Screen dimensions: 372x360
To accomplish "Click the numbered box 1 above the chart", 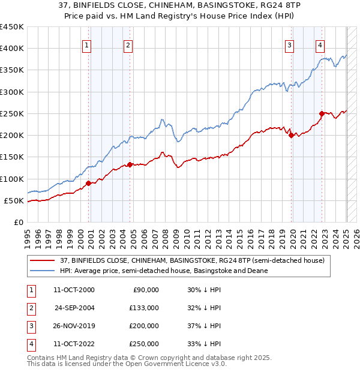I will click(x=87, y=44).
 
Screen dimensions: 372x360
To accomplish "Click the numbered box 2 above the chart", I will click(x=128, y=44).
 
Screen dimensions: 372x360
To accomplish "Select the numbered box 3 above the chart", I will click(x=289, y=44).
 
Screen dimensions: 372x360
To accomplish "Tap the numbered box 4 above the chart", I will click(x=320, y=44).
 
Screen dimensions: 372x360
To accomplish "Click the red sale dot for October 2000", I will click(x=89, y=183).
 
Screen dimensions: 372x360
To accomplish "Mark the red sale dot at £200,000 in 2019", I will click(x=291, y=136).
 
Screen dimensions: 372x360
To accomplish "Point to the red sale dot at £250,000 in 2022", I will click(x=322, y=113).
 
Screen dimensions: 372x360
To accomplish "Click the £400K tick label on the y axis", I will click(x=12, y=49).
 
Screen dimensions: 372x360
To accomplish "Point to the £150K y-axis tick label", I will click(x=12, y=157).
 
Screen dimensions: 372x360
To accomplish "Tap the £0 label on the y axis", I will click(x=18, y=222).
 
